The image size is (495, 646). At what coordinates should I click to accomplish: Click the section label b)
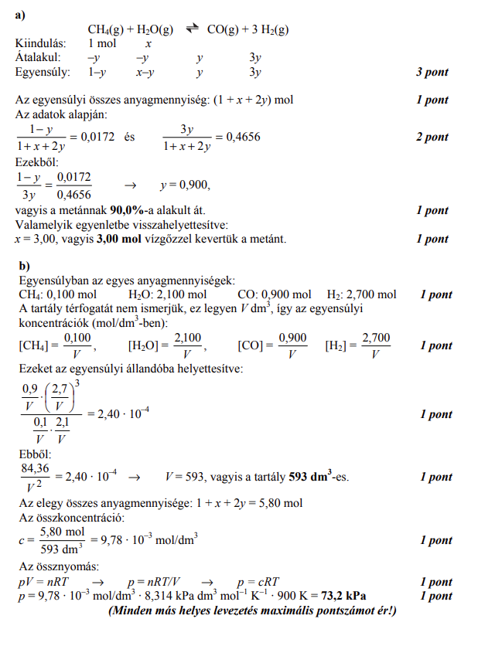pyautogui.click(x=24, y=266)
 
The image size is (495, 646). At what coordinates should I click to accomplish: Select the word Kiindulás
pyautogui.click(x=40, y=44)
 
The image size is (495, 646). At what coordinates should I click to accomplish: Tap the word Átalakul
pyautogui.click(x=39, y=58)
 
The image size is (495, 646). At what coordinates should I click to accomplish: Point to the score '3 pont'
pyautogui.click(x=432, y=73)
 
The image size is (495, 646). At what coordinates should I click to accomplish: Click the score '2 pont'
pyautogui.click(x=432, y=137)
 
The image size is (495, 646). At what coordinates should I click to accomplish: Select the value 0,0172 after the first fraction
pyautogui.click(x=98, y=137)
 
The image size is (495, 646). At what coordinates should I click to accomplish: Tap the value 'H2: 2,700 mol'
pyautogui.click(x=361, y=294)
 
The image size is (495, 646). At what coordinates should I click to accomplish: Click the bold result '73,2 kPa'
pyautogui.click(x=342, y=596)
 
